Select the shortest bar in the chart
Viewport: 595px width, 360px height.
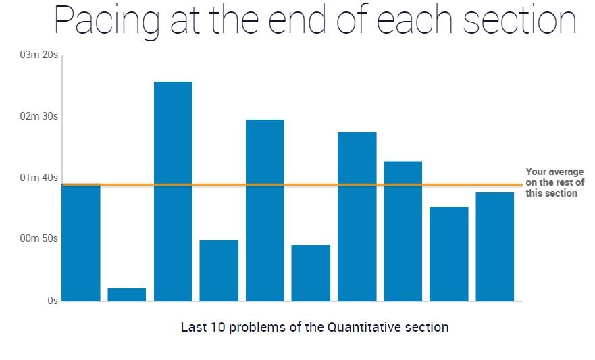[127, 294]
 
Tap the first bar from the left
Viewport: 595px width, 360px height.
[81, 242]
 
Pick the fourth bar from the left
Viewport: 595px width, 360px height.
[219, 270]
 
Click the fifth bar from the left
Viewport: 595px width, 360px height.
[265, 210]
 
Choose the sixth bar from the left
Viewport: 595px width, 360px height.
[311, 273]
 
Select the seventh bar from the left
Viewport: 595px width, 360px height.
[357, 216]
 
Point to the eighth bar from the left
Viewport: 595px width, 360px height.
[403, 231]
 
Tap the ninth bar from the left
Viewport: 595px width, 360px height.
[449, 254]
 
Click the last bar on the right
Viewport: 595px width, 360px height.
[495, 247]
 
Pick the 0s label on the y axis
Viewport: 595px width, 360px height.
[52, 301]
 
